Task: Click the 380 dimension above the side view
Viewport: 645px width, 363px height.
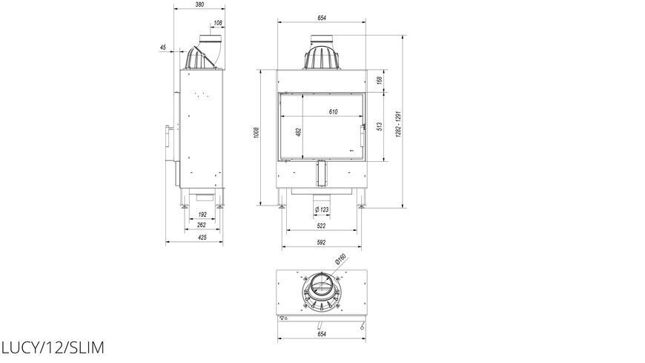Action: pyautogui.click(x=199, y=4)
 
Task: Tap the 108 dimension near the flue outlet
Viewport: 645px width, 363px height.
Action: pyautogui.click(x=218, y=23)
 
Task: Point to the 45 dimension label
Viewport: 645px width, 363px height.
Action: pyautogui.click(x=163, y=48)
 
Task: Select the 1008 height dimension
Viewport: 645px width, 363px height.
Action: pyautogui.click(x=257, y=132)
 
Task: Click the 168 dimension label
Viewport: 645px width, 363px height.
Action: pyautogui.click(x=380, y=79)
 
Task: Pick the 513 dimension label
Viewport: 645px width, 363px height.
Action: pyautogui.click(x=380, y=126)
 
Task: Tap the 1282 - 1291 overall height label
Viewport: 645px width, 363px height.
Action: pyautogui.click(x=398, y=124)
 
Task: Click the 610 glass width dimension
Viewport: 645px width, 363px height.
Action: pyautogui.click(x=333, y=111)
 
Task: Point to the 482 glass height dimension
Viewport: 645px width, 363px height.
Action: pyautogui.click(x=299, y=132)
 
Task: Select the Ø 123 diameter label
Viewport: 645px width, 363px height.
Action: pyautogui.click(x=322, y=210)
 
